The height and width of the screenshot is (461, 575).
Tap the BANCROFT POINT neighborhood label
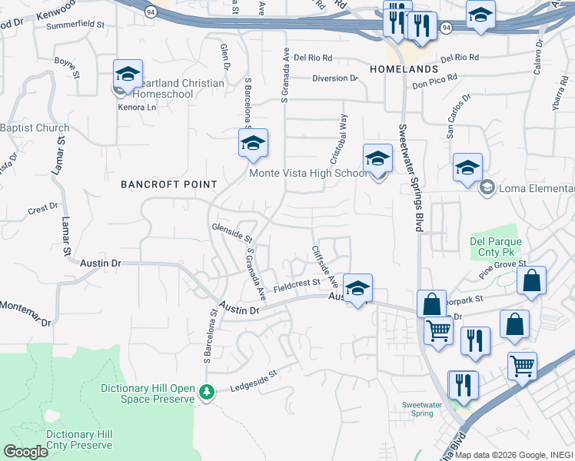pyautogui.click(x=169, y=184)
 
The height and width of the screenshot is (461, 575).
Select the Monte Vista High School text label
pyautogui.click(x=307, y=174)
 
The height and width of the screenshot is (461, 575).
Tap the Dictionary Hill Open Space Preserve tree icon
pyautogui.click(x=206, y=393)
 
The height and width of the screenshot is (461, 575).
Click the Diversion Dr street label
pyautogui.click(x=335, y=78)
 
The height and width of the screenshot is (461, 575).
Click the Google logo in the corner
pyautogui.click(x=25, y=452)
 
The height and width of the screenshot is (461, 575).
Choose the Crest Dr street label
pyautogui.click(x=43, y=208)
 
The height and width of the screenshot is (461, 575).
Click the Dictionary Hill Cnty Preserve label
pyautogui.click(x=69, y=439)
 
